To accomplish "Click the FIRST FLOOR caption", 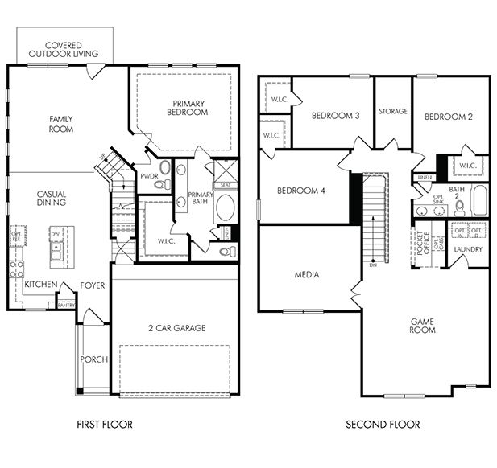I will pos(104,425).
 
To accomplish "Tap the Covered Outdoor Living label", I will pos(64,50).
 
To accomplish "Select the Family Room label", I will pos(61,124).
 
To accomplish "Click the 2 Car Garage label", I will pos(176,327).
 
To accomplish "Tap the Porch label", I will pos(93,359).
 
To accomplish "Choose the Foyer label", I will pos(93,285).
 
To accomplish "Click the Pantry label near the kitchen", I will pos(66,305).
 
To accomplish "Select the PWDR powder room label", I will pos(148,175).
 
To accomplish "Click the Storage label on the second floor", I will pos(393,111).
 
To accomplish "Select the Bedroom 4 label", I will pos(300,191).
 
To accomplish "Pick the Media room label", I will pos(308,275).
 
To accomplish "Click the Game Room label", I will pos(422,325).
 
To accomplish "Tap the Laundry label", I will pos(468,249).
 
